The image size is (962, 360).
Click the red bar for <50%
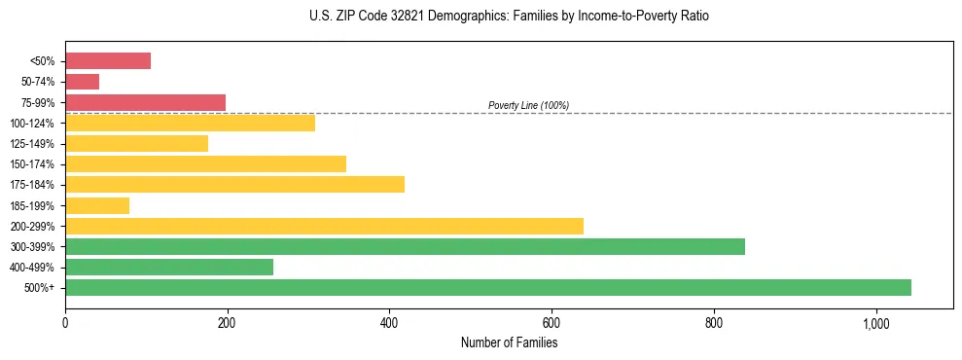click(x=108, y=61)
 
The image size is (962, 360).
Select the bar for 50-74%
click(x=82, y=82)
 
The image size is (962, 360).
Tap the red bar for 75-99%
click(x=145, y=102)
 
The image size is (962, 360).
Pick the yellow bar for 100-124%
click(x=190, y=123)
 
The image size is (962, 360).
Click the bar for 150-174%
click(x=205, y=163)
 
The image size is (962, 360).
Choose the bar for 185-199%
click(x=97, y=205)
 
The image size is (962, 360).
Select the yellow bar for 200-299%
click(x=324, y=226)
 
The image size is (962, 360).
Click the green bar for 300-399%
click(x=405, y=246)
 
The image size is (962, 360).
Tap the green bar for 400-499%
click(x=169, y=267)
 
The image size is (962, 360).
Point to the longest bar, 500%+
click(x=488, y=287)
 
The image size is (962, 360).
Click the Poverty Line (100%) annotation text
click(x=528, y=105)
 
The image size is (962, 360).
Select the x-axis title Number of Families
click(x=509, y=342)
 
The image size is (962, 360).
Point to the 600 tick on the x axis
click(x=552, y=323)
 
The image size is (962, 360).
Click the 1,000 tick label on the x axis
click(x=875, y=323)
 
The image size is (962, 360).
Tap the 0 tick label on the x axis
click(x=65, y=323)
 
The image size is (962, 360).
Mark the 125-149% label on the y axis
click(x=33, y=144)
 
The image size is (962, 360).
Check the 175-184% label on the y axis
click(x=33, y=185)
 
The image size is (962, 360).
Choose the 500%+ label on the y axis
click(x=39, y=288)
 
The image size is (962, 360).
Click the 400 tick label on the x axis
click(x=389, y=323)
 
